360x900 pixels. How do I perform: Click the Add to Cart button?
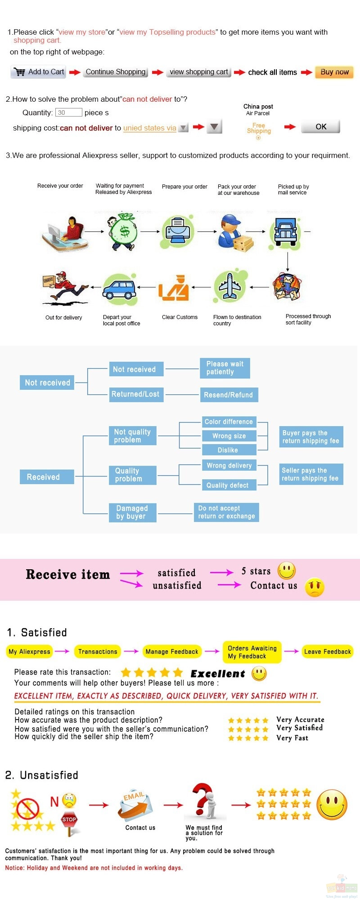coord(38,72)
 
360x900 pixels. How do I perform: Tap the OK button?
coord(320,127)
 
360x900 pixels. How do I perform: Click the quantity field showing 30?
coord(69,112)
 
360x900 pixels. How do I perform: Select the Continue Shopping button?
coord(115,72)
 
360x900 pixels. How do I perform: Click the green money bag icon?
coord(123,231)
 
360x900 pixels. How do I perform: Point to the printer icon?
coord(178,231)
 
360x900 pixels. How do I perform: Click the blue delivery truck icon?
coord(285,233)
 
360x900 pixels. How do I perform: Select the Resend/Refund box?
coord(229,395)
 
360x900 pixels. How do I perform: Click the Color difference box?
coord(229,422)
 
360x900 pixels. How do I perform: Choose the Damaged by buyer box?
coord(133,513)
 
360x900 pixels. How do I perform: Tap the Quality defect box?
coord(228,485)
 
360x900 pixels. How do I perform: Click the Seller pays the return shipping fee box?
coord(311,474)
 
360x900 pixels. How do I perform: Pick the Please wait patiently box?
coord(225,368)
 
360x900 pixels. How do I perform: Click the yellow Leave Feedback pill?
coord(327,652)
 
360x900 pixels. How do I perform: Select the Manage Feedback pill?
coord(172,652)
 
